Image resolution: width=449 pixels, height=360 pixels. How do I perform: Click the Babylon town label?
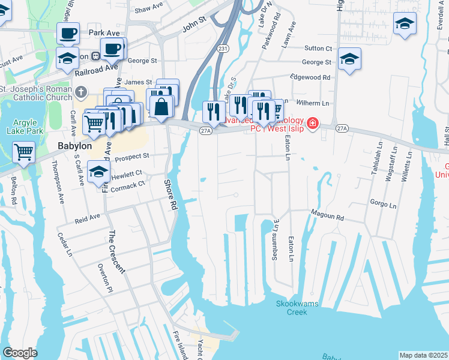pos(74,146)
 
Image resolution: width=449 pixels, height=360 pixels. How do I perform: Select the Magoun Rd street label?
pos(327,214)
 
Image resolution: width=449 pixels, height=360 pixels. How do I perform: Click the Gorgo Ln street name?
pos(384,205)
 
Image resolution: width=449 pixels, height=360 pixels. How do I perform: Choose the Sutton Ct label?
pos(318,48)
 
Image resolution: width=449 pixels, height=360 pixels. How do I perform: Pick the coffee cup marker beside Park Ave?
pos(68,32)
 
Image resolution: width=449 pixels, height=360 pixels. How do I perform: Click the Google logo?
pos(20,353)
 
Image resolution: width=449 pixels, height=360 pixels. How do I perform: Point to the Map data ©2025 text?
pos(424,355)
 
